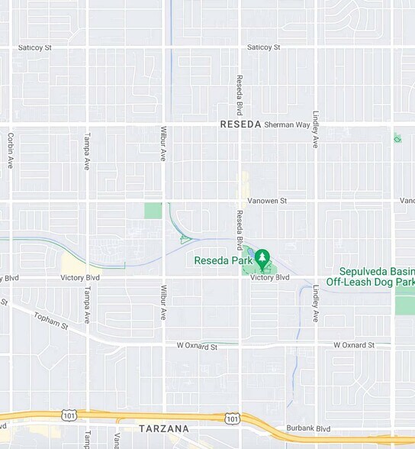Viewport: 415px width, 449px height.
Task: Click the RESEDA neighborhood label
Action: click(x=240, y=124)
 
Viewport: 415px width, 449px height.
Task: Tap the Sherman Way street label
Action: click(x=284, y=124)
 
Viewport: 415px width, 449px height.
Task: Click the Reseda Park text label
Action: click(x=222, y=260)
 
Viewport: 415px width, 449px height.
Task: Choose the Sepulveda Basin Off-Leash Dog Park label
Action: click(x=371, y=276)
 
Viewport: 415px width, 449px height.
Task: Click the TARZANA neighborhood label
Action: click(x=164, y=429)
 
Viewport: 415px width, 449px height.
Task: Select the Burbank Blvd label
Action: click(x=308, y=429)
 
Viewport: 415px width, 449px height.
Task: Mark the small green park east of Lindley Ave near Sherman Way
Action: click(x=397, y=138)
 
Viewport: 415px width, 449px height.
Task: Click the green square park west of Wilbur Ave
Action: click(x=153, y=211)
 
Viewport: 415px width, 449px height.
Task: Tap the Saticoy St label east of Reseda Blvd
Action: click(x=264, y=47)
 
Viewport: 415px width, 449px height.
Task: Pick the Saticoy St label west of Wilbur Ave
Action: click(x=35, y=47)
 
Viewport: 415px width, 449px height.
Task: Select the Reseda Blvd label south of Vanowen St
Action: click(x=240, y=230)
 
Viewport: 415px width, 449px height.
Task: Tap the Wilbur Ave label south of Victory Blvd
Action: click(x=163, y=302)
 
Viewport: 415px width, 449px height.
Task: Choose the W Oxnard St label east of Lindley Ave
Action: click(x=354, y=346)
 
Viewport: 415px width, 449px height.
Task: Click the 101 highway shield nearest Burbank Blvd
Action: click(x=232, y=418)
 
